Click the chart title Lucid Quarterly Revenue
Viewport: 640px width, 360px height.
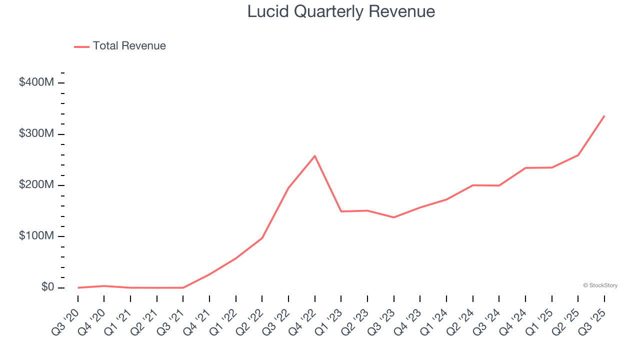click(341, 11)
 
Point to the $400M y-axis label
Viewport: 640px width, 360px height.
click(36, 82)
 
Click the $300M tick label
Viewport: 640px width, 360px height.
click(36, 134)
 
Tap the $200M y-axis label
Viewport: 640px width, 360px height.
click(36, 185)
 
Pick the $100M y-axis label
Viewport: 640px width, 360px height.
click(36, 236)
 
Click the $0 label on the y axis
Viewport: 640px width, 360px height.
click(47, 287)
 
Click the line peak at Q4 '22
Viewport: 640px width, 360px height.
click(315, 156)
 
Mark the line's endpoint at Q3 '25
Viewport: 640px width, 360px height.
click(604, 116)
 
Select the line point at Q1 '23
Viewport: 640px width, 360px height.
click(341, 211)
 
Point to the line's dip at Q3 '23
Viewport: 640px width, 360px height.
click(393, 217)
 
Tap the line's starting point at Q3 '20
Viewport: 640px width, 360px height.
click(78, 287)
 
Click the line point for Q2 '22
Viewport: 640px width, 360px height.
click(262, 238)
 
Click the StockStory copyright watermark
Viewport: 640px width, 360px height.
click(600, 285)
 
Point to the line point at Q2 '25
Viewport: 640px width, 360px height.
click(578, 155)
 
